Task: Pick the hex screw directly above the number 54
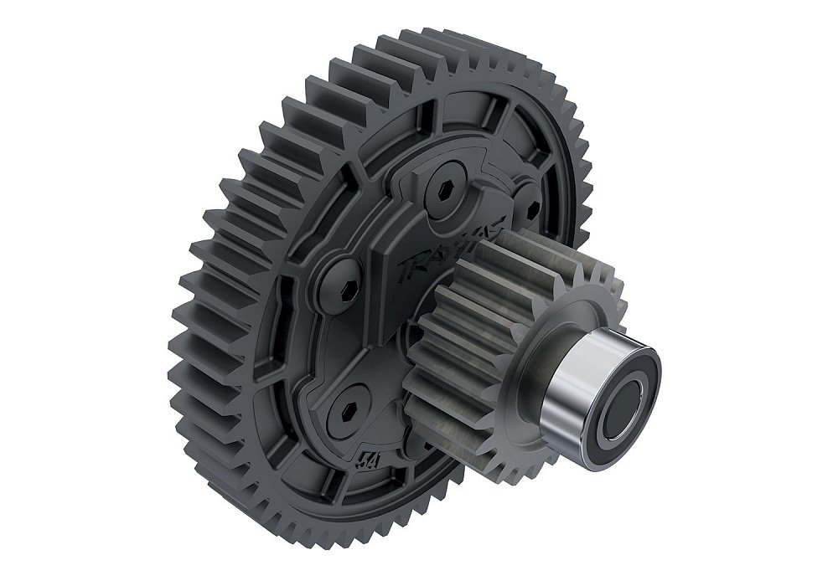[x=348, y=405]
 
